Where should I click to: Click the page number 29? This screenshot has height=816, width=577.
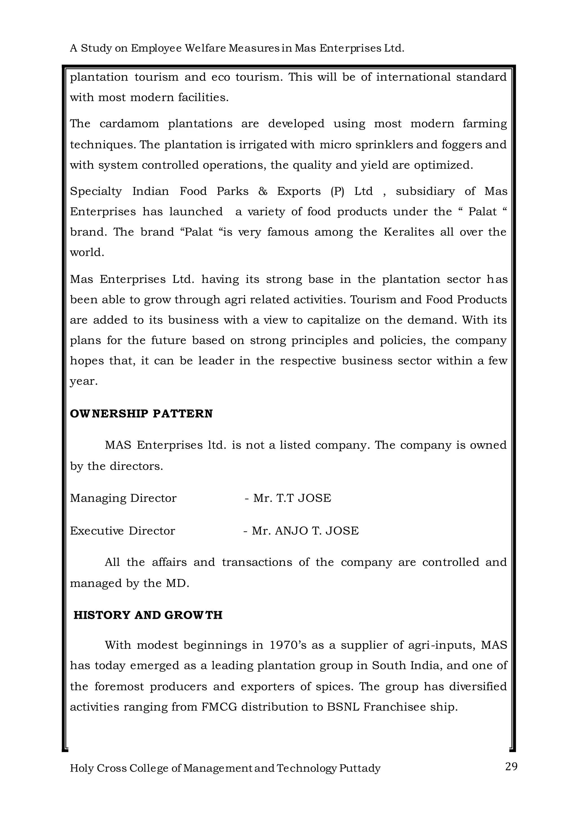[x=511, y=767]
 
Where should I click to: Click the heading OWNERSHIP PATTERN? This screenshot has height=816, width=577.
[x=141, y=414]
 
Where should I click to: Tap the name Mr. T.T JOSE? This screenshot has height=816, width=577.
[x=292, y=498]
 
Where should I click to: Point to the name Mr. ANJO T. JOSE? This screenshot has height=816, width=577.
[x=305, y=531]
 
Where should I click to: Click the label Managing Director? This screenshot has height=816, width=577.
[x=123, y=498]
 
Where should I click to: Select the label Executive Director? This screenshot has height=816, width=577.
[x=122, y=531]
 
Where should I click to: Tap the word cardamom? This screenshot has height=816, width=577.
[x=129, y=124]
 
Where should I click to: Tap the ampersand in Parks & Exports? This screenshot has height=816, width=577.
[x=263, y=191]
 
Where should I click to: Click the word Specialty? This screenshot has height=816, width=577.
[x=96, y=191]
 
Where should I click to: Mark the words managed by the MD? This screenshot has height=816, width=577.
[x=129, y=584]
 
